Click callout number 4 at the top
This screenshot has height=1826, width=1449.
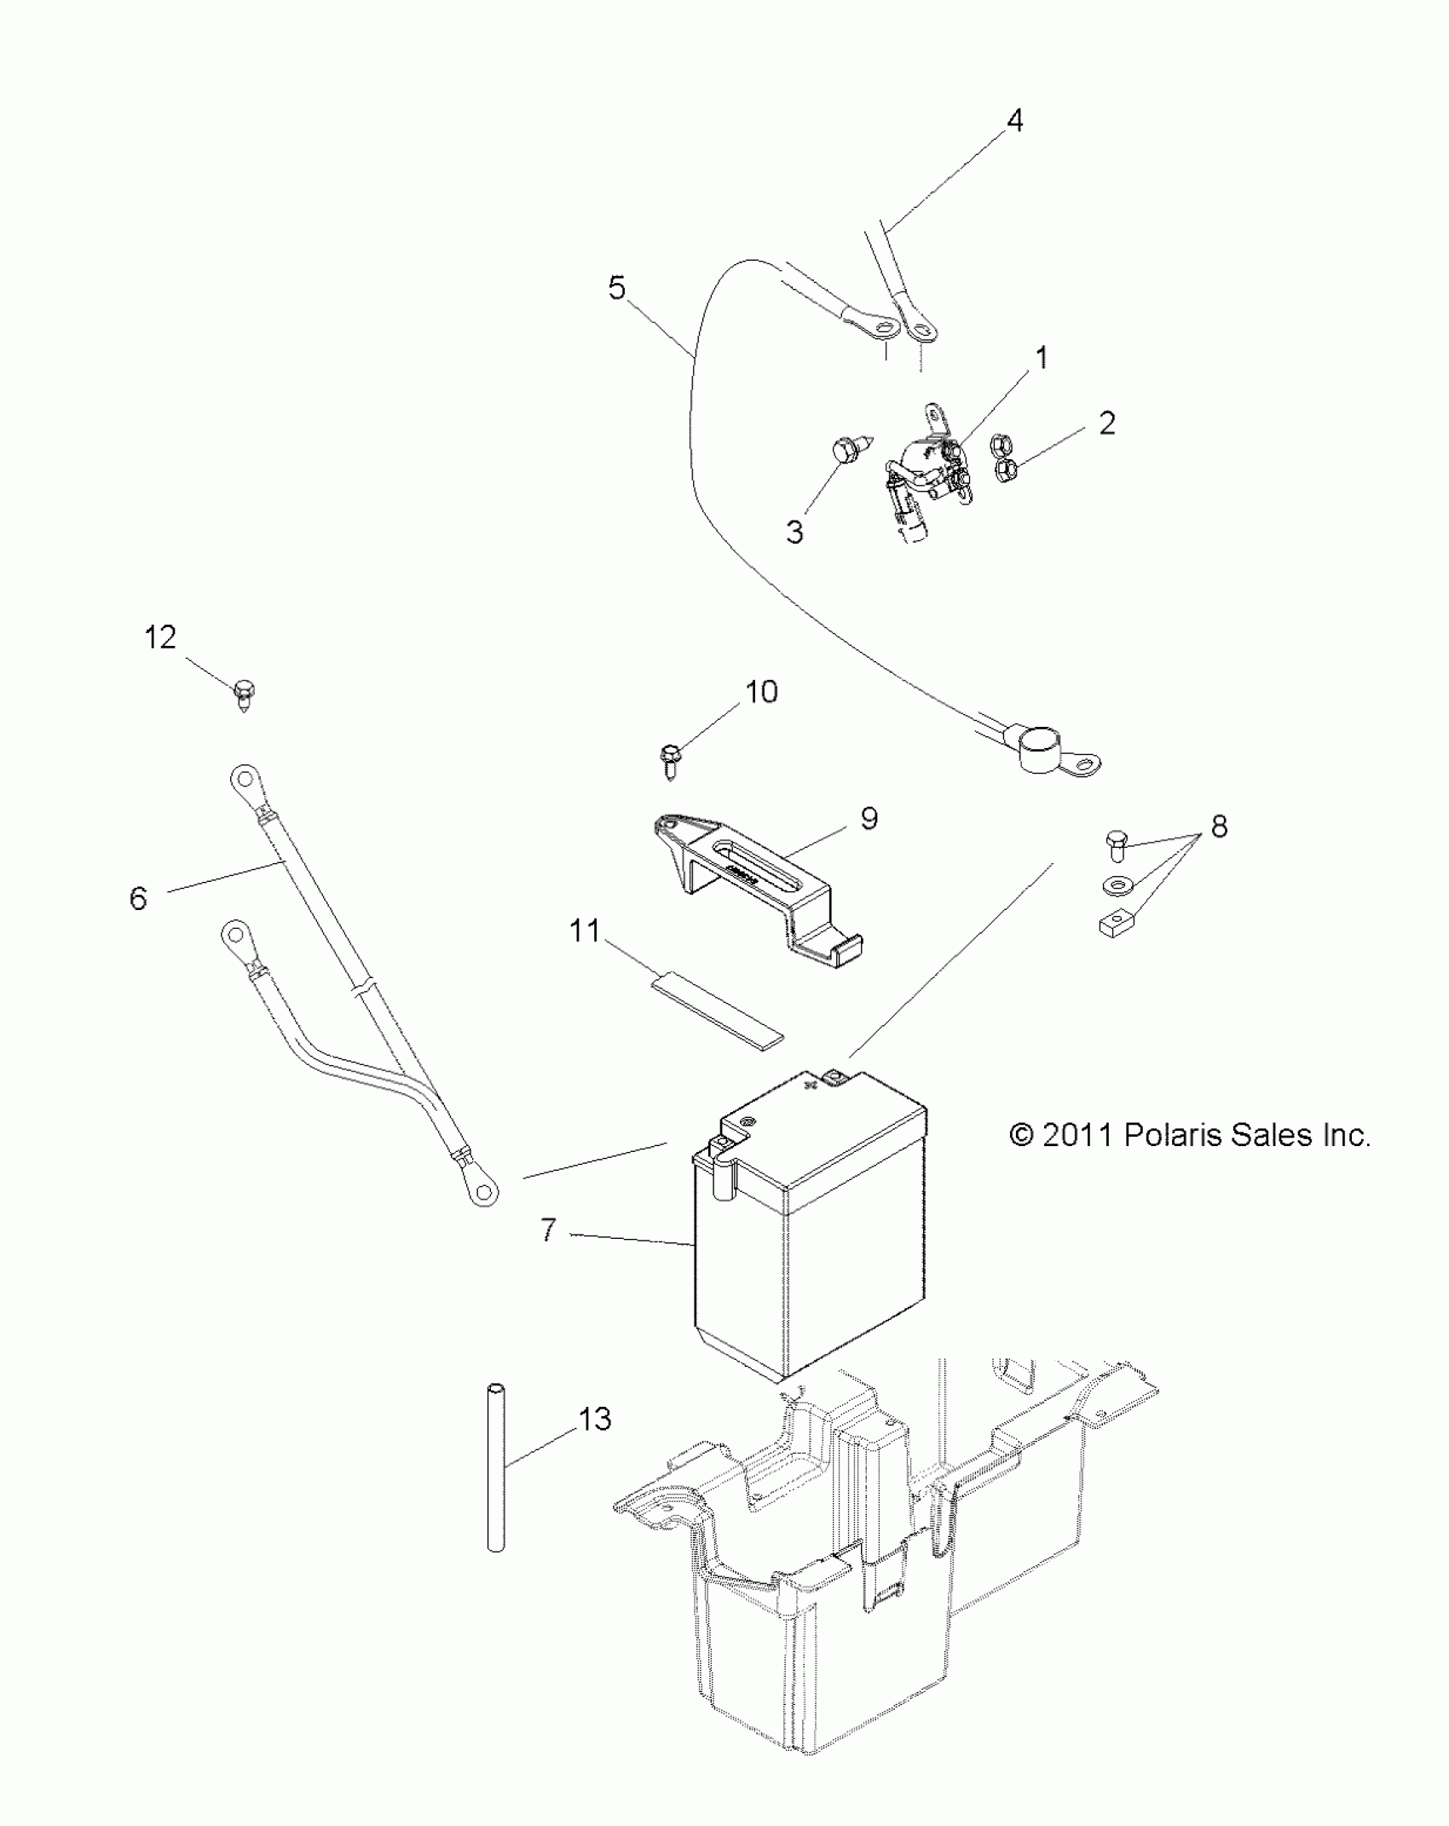click(1013, 121)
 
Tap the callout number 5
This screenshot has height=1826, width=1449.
click(616, 288)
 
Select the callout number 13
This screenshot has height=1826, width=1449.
click(595, 1418)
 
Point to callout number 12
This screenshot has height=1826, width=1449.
click(160, 637)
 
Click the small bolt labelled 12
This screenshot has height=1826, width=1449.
click(244, 695)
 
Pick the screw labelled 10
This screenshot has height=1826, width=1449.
click(668, 758)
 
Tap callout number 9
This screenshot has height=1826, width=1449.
click(869, 818)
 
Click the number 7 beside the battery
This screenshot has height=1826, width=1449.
click(548, 1230)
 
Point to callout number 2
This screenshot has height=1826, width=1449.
click(1106, 423)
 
